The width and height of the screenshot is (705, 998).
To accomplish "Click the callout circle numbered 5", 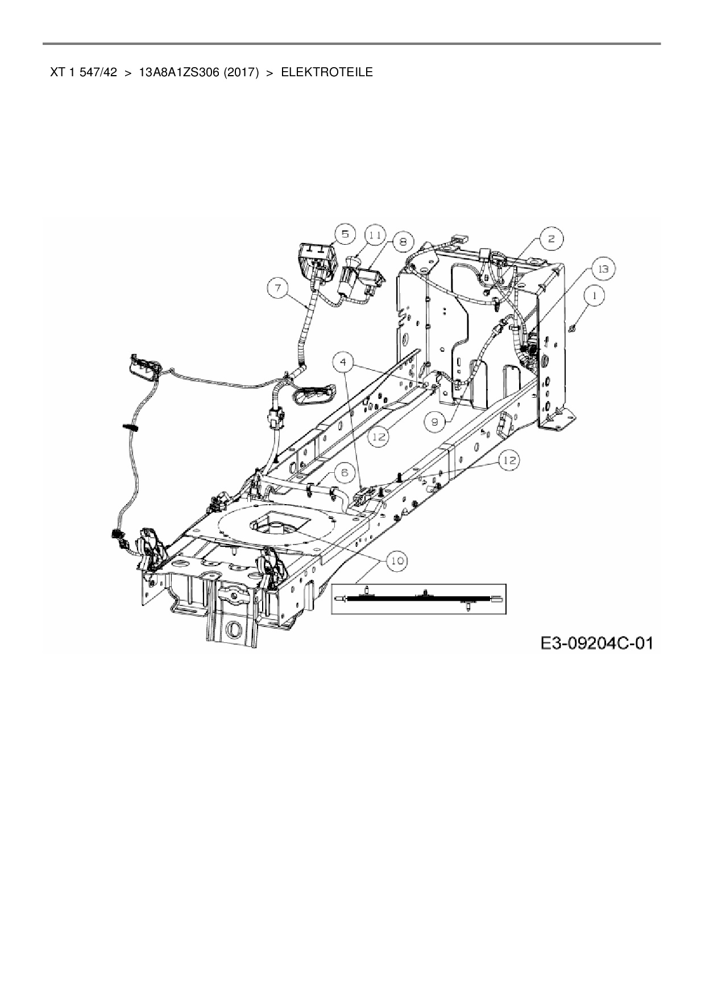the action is pos(345,234).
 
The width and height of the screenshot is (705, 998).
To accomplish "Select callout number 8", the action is pos(403,242).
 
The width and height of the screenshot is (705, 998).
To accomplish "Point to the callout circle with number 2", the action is pos(551,239).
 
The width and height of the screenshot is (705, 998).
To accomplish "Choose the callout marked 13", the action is pos(603,269).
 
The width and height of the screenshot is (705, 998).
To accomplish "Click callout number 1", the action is pos(594,296).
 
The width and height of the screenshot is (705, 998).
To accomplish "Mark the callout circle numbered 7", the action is pos(278,289).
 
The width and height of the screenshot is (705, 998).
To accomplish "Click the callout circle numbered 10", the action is pos(396,561).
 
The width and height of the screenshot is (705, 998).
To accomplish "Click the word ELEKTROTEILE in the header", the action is pos(327,72).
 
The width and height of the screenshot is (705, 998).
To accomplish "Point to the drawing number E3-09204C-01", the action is pos(596,643).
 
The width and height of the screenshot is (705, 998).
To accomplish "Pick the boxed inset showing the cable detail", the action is pos(418,599).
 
